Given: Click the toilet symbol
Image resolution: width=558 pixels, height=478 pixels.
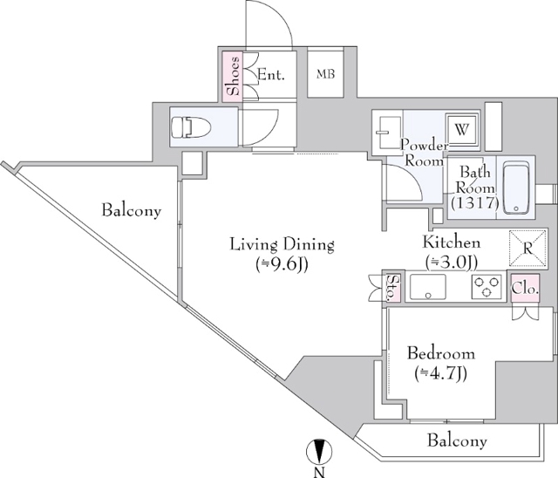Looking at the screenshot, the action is [x=191, y=127].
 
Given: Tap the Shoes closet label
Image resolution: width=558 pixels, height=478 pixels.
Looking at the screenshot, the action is [x=233, y=76].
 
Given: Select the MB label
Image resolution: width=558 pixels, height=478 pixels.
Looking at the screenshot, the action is [x=325, y=74].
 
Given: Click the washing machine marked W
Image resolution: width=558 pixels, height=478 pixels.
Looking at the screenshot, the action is [x=461, y=131].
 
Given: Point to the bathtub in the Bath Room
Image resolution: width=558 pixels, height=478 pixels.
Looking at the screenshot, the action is [x=516, y=188].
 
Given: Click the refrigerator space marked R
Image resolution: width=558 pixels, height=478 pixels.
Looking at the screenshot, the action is [x=527, y=248].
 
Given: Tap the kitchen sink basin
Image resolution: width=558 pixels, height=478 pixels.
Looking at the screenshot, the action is [x=428, y=286].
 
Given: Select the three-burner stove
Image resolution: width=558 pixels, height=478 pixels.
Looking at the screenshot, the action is [x=487, y=286].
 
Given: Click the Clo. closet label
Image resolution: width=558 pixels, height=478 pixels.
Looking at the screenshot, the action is [x=525, y=289].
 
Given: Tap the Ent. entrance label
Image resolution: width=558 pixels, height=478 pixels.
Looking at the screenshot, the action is [x=271, y=75].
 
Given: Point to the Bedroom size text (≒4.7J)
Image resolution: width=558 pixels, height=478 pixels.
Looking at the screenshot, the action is [x=440, y=373].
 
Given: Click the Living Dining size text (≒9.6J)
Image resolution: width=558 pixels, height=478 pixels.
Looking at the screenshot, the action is [x=282, y=263].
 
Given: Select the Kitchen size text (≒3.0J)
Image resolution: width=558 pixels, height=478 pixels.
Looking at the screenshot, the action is [x=452, y=263].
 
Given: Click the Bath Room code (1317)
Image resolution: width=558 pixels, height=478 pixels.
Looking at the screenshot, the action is [x=475, y=202].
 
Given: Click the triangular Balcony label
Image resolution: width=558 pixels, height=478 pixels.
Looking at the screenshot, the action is [x=132, y=210].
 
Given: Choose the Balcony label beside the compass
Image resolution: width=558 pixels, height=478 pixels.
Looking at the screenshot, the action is [x=457, y=440].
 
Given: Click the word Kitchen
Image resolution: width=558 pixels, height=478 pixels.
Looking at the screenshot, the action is [x=452, y=242].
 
